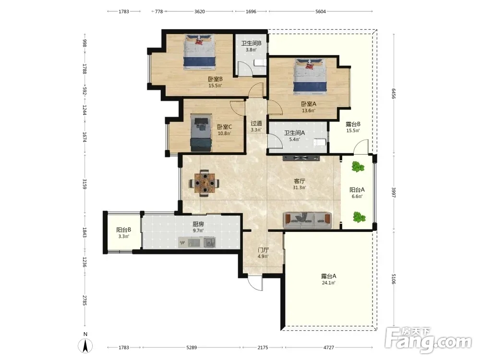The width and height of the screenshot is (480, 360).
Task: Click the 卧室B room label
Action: point(215,79)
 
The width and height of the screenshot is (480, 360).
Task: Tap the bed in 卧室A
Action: point(311,75)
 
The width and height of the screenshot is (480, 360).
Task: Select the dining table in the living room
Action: point(204,183)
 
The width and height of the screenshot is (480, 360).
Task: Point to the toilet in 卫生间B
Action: point(260,62)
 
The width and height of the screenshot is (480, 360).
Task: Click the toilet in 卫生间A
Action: point(320,143)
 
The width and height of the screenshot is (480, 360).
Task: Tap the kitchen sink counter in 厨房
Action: point(197,242)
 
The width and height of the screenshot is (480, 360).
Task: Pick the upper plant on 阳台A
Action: point(357,167)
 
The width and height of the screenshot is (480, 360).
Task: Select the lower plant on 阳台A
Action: point(359,217)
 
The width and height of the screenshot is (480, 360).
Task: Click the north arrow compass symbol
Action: point(85,346)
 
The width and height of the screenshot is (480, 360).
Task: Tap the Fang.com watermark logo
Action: point(428,339)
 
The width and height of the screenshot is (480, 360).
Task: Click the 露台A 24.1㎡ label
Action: point(329,279)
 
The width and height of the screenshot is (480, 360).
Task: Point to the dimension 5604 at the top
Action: point(321,12)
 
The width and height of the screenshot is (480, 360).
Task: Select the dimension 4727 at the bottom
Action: point(329,348)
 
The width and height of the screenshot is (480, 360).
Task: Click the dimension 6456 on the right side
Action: point(394,94)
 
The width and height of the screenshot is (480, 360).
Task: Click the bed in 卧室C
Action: point(201,132)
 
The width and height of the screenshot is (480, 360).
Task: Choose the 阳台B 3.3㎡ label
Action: point(124,233)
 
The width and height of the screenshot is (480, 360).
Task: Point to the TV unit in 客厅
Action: point(301,158)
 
